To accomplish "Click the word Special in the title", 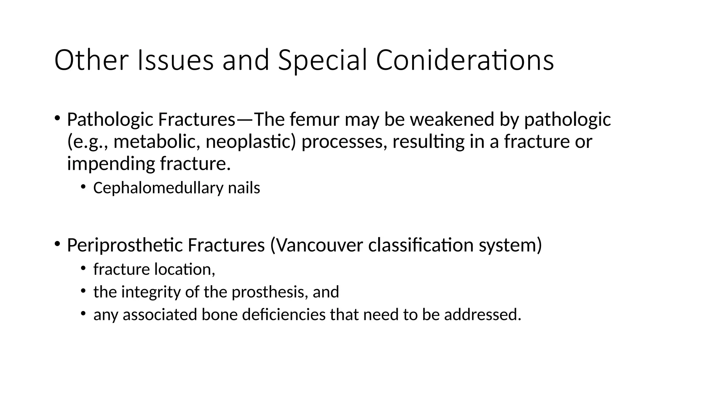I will pos(322,60).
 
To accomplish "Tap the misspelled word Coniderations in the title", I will pos(464,60).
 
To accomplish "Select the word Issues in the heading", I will pos(175,60).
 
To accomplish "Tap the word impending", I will pos(111,163).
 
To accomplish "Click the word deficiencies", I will pos(284,315).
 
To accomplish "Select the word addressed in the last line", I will pos(483,315).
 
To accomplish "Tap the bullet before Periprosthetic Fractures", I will pos(57,244).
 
